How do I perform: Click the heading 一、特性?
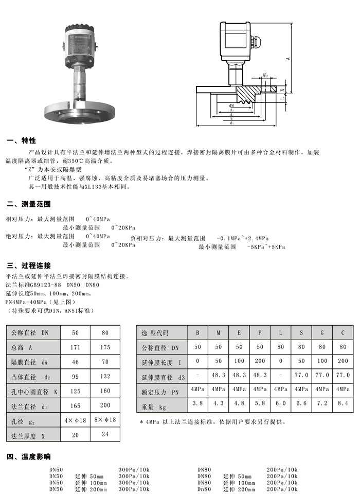pyautogui.click(x=21, y=141)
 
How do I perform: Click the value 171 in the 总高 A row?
pyautogui.click(x=75, y=347)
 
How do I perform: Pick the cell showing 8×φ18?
pyautogui.click(x=105, y=420)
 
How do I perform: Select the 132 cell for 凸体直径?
pyautogui.click(x=105, y=377)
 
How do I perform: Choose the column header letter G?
pyautogui.click(x=322, y=332)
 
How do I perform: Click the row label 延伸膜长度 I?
pyautogui.click(x=161, y=363)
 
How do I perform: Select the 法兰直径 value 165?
pyautogui.click(x=75, y=406)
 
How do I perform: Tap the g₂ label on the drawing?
pyautogui.click(x=265, y=75)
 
